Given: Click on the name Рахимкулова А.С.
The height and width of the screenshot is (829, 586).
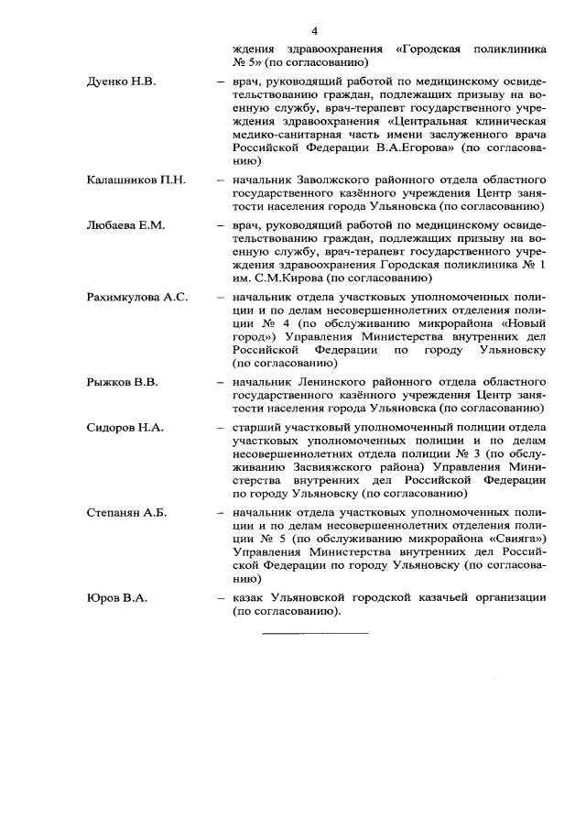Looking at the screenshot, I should pos(136,299).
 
